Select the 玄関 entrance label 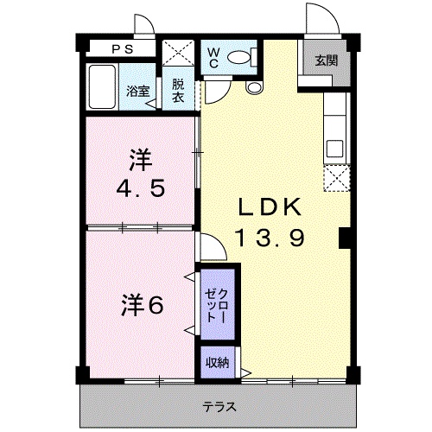tap(325, 61)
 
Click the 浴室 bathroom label tap(137, 91)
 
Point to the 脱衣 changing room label tap(178, 91)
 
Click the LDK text tap(269, 207)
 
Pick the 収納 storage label tap(216, 362)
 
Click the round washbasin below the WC tap(254, 87)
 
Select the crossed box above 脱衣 tap(179, 51)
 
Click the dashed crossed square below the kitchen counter tap(334, 179)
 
